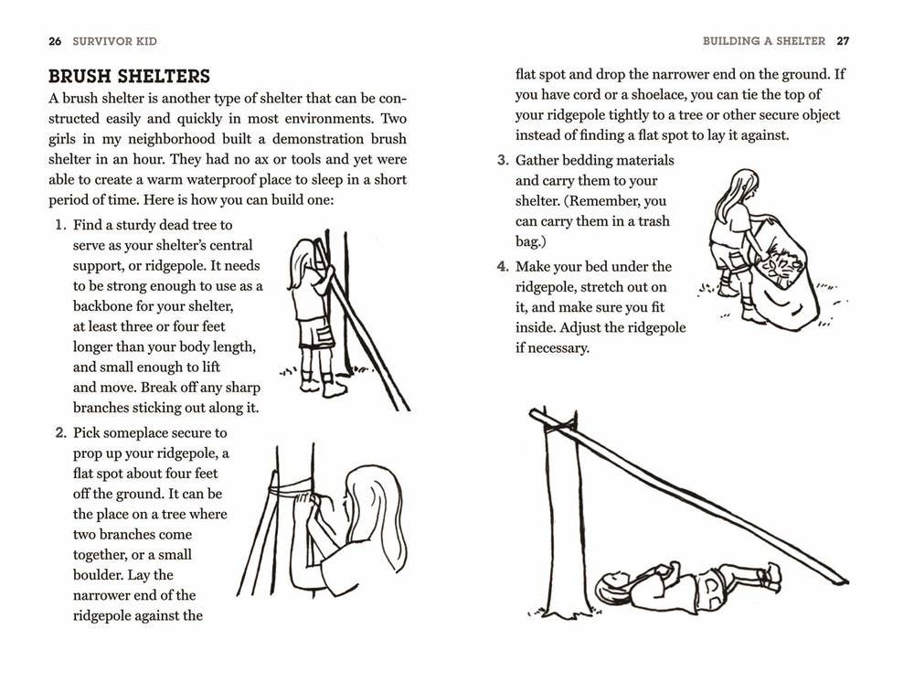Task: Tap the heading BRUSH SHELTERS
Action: coord(129,76)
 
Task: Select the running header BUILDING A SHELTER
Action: coord(763,41)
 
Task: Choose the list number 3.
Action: coord(502,160)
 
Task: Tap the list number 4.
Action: coord(502,267)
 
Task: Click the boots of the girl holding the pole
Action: coord(323,387)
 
